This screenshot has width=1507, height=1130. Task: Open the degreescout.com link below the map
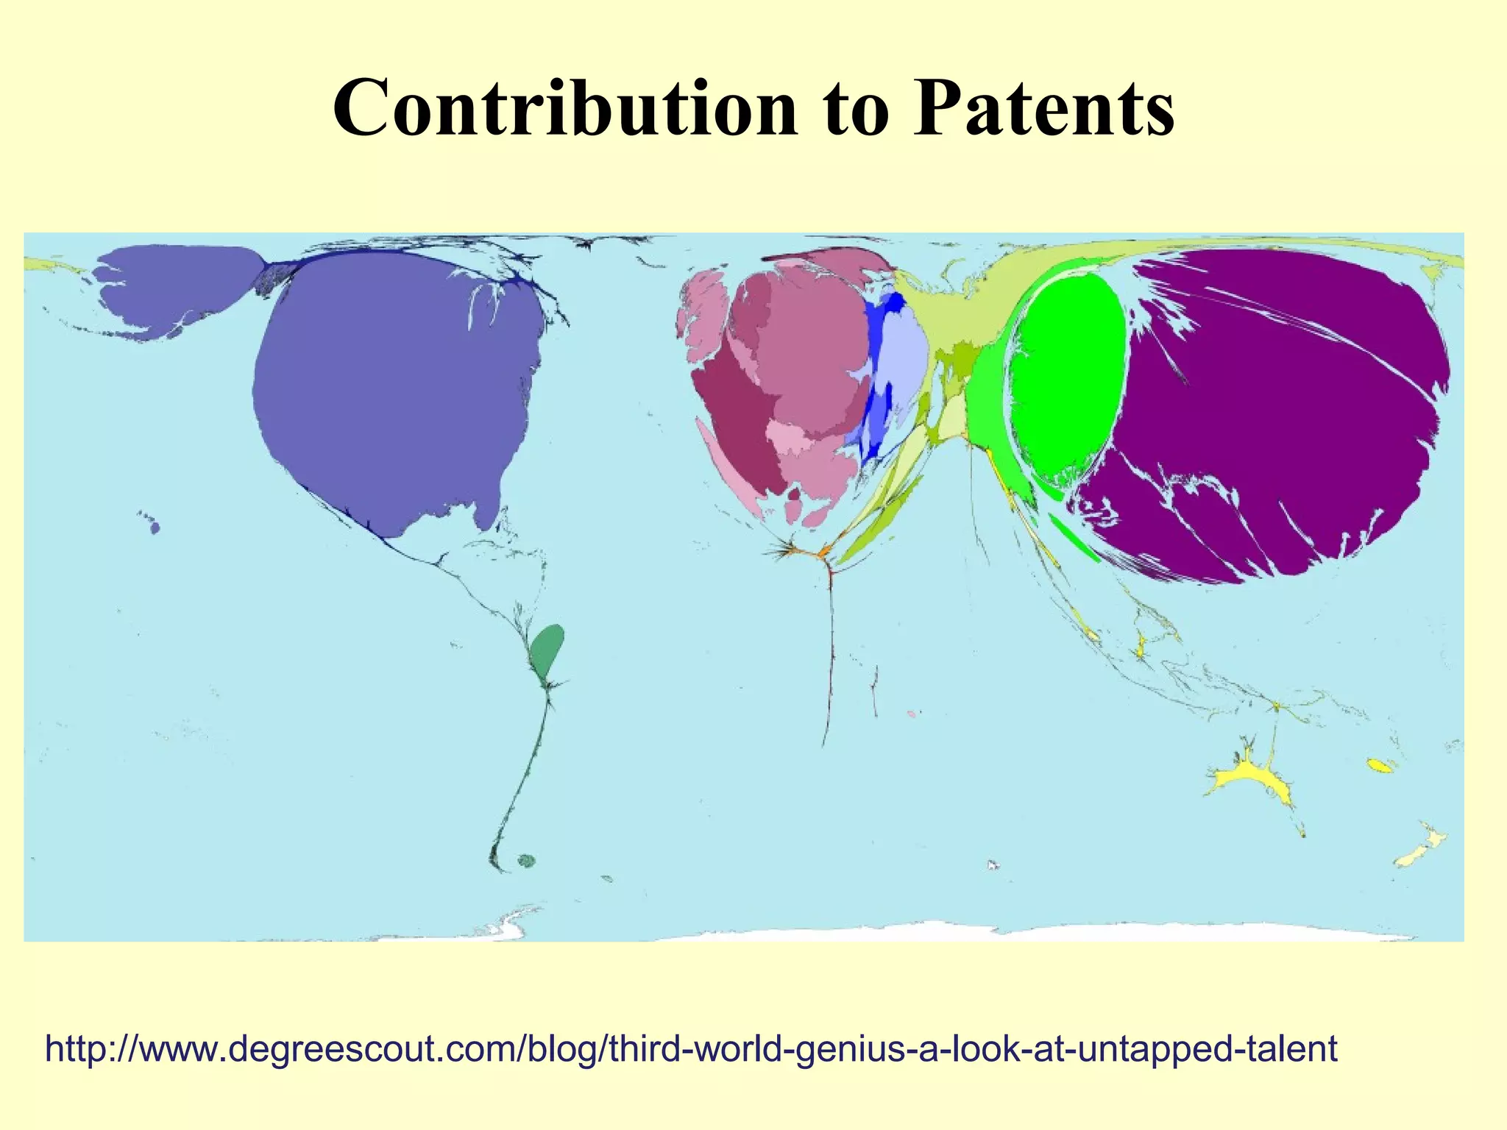691,1048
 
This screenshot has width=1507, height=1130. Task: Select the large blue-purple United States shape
397,383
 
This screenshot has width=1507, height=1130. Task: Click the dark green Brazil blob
547,647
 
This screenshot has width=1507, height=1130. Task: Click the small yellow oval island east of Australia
1380,766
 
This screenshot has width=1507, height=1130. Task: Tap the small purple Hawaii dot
155,527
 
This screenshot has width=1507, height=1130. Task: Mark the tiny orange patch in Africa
823,551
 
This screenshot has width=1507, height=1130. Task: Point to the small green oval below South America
525,860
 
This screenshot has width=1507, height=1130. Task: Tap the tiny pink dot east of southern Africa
911,714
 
